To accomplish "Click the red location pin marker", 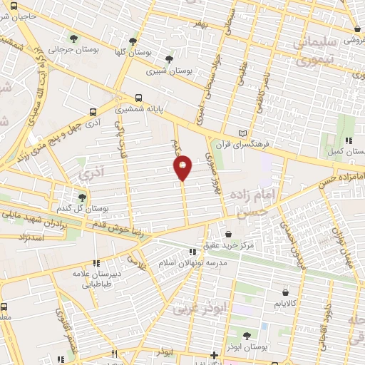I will coord(182,168).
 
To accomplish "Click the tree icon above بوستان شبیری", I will coord(169,59).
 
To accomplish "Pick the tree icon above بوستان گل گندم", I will coord(83,197).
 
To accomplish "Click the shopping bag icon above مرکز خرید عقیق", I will coord(228,233).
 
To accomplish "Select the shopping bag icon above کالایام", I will coord(286,292).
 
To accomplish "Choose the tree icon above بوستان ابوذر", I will coord(247,334).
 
